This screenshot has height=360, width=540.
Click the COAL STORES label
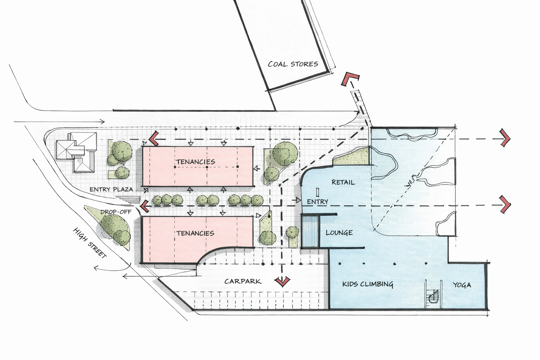pyautogui.click(x=293, y=64)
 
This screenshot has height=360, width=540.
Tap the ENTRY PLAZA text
pyautogui.click(x=111, y=189)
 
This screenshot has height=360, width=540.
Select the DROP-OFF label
pyautogui.click(x=116, y=212)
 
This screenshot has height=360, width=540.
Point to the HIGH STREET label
pyautogui.click(x=90, y=243)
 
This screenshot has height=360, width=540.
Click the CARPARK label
pyautogui.click(x=243, y=281)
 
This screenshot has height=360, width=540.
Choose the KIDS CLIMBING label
pyautogui.click(x=367, y=284)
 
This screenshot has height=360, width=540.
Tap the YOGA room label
pyautogui.click(x=462, y=285)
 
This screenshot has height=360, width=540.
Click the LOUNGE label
pyautogui.click(x=339, y=233)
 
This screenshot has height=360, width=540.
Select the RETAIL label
pyautogui.click(x=343, y=182)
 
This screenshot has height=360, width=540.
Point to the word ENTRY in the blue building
pyautogui.click(x=317, y=201)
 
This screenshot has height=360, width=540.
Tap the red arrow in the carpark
pyautogui.click(x=282, y=281)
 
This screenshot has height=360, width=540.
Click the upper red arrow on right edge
pyautogui.click(x=505, y=138)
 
